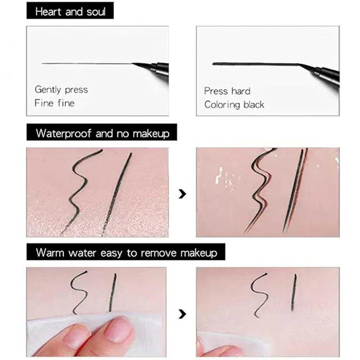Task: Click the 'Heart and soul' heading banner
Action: tap(70, 12)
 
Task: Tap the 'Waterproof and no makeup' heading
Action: tap(103, 134)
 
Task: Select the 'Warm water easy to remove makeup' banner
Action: tap(126, 252)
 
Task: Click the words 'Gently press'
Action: tap(61, 90)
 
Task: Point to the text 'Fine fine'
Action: tap(54, 103)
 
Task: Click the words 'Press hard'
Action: tap(227, 91)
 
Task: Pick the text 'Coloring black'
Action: tap(234, 105)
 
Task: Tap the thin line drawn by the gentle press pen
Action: tap(86, 64)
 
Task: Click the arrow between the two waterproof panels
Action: tap(183, 194)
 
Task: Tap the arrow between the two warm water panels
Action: tap(183, 314)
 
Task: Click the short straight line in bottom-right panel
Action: tap(294, 292)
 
